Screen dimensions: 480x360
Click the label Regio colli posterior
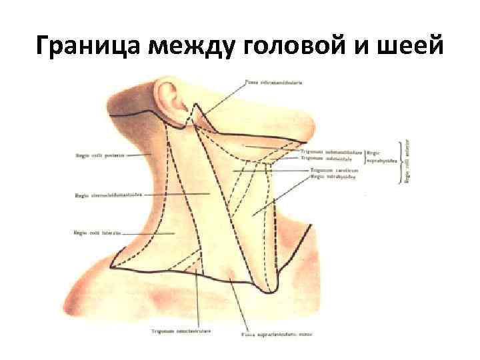(92, 155)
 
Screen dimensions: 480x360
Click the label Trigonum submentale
(332, 158)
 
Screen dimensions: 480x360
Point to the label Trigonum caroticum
(334, 171)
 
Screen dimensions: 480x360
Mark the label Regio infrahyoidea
(333, 177)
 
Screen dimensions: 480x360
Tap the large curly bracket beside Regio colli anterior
(401, 161)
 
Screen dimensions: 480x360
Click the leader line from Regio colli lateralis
(148, 233)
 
